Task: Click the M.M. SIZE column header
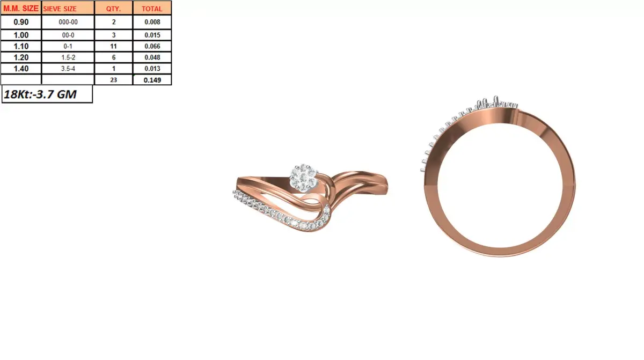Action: (x=21, y=8)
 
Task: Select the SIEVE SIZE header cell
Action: (x=60, y=9)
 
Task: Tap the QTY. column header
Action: (x=113, y=9)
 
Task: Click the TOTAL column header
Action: (x=152, y=9)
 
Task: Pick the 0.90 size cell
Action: (x=21, y=23)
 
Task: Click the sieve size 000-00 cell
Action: (x=68, y=23)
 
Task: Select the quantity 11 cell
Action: (x=113, y=47)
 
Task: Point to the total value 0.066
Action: (x=152, y=47)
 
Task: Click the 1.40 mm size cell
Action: (x=21, y=68)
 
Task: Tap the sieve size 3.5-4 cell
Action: (x=68, y=68)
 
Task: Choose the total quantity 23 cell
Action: (x=113, y=79)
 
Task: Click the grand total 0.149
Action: (x=152, y=79)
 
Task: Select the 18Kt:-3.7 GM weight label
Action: (x=40, y=94)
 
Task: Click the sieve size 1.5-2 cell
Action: (x=68, y=57)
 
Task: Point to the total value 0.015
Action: (x=152, y=35)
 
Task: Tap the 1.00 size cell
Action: (x=21, y=35)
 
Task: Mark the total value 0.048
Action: (x=152, y=57)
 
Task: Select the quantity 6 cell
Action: (x=113, y=57)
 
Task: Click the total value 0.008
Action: (x=152, y=23)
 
